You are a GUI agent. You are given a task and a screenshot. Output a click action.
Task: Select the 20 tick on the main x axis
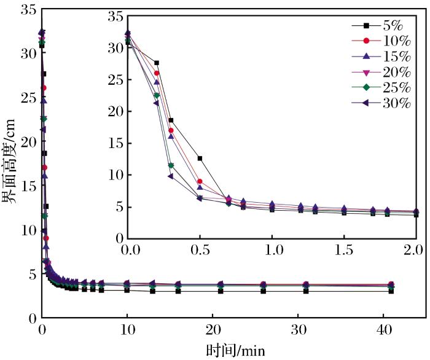[x=212, y=330]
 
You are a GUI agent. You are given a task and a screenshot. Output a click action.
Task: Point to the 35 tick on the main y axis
[x=28, y=10]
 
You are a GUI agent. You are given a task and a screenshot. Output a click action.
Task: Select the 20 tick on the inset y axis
[x=115, y=112]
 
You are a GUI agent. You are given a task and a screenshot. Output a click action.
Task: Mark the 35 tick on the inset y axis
[x=115, y=17]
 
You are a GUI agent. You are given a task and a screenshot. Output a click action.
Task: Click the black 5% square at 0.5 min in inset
[x=200, y=158]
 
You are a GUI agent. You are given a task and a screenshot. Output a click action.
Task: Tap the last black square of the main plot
[x=391, y=291]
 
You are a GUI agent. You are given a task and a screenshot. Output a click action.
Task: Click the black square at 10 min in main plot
[x=127, y=290]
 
